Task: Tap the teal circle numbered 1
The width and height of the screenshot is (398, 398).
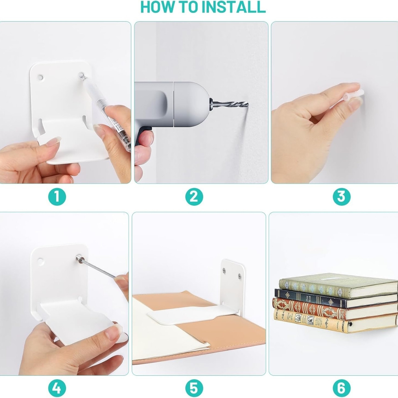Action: coord(57,197)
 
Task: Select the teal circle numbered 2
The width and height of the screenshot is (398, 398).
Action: coord(194,197)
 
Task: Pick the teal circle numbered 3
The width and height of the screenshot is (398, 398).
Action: coord(342,197)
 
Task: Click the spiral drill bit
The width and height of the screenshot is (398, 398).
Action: coord(229,104)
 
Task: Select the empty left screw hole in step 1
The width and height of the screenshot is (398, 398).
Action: coord(40,77)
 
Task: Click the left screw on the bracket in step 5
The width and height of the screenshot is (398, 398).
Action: coord(224,270)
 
